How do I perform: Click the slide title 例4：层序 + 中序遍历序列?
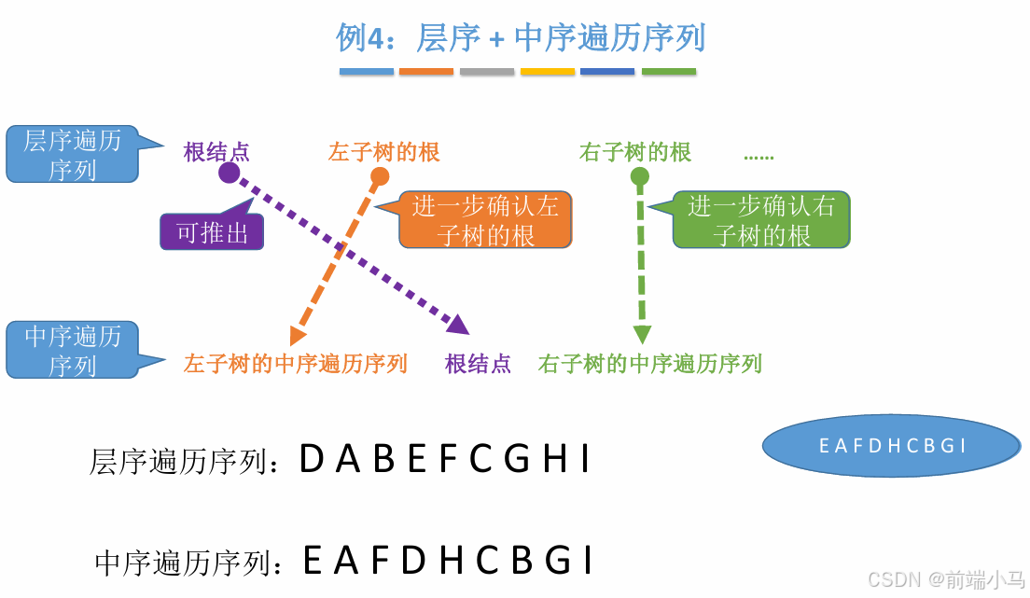[521, 38]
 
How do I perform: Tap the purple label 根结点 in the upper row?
[216, 152]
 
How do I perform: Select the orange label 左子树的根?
[383, 152]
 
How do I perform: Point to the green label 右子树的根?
[635, 152]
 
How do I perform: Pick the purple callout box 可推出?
[213, 232]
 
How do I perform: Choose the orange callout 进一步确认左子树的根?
[485, 220]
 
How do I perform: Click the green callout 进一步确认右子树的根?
[761, 220]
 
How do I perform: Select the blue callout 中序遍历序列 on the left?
[72, 350]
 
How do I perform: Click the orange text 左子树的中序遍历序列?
[296, 364]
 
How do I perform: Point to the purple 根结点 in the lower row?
[478, 364]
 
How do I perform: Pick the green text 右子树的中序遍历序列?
[649, 364]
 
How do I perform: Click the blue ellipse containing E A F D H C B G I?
[892, 446]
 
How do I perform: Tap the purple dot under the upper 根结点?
[230, 174]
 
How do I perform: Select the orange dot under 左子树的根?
[380, 176]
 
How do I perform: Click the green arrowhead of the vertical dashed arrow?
[642, 335]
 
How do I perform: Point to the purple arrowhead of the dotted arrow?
[458, 325]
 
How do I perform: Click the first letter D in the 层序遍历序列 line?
[311, 459]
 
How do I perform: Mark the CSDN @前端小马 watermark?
[946, 579]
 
